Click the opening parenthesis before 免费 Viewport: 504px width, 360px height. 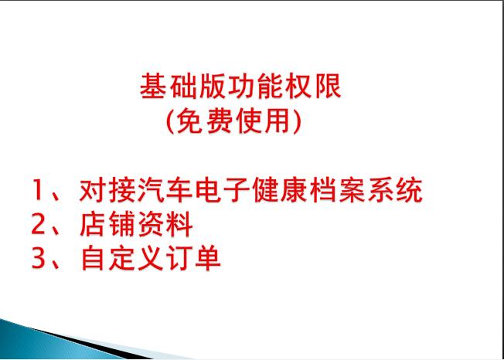click(x=170, y=121)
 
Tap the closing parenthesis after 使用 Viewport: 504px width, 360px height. click(x=298, y=121)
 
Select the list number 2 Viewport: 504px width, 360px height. click(x=38, y=224)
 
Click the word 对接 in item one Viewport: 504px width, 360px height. click(x=107, y=190)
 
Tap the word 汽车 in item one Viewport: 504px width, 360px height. click(x=165, y=190)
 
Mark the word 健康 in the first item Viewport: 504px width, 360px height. click(x=281, y=190)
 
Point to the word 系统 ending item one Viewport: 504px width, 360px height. click(x=395, y=190)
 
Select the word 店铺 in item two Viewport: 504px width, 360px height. click(x=107, y=224)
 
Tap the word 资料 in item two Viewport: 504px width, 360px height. click(x=165, y=224)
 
